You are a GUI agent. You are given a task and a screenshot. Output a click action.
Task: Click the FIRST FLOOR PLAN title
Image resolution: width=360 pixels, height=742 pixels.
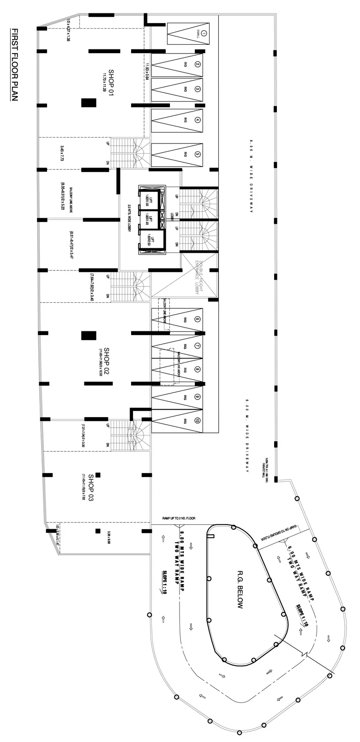pyautogui.click(x=14, y=65)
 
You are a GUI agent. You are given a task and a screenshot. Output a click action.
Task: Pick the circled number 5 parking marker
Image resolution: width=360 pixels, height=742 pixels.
pyautogui.click(x=198, y=155)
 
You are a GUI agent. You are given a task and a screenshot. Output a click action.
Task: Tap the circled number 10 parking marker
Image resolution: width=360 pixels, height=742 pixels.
pyautogui.click(x=197, y=420)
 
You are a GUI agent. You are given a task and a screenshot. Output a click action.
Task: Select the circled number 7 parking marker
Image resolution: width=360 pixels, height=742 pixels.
pyautogui.click(x=197, y=346)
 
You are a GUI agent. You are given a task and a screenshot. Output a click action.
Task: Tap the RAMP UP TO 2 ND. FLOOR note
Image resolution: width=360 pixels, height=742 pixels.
pyautogui.click(x=179, y=518)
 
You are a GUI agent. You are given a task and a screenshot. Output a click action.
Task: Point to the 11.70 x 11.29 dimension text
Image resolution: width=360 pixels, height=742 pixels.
pyautogui.click(x=104, y=82)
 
